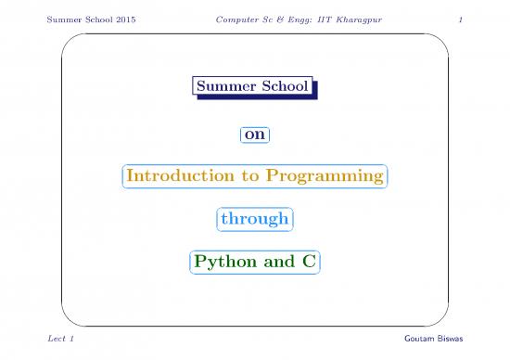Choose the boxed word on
[x=255, y=135]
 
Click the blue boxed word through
[x=254, y=220]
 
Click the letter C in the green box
[x=307, y=263]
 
